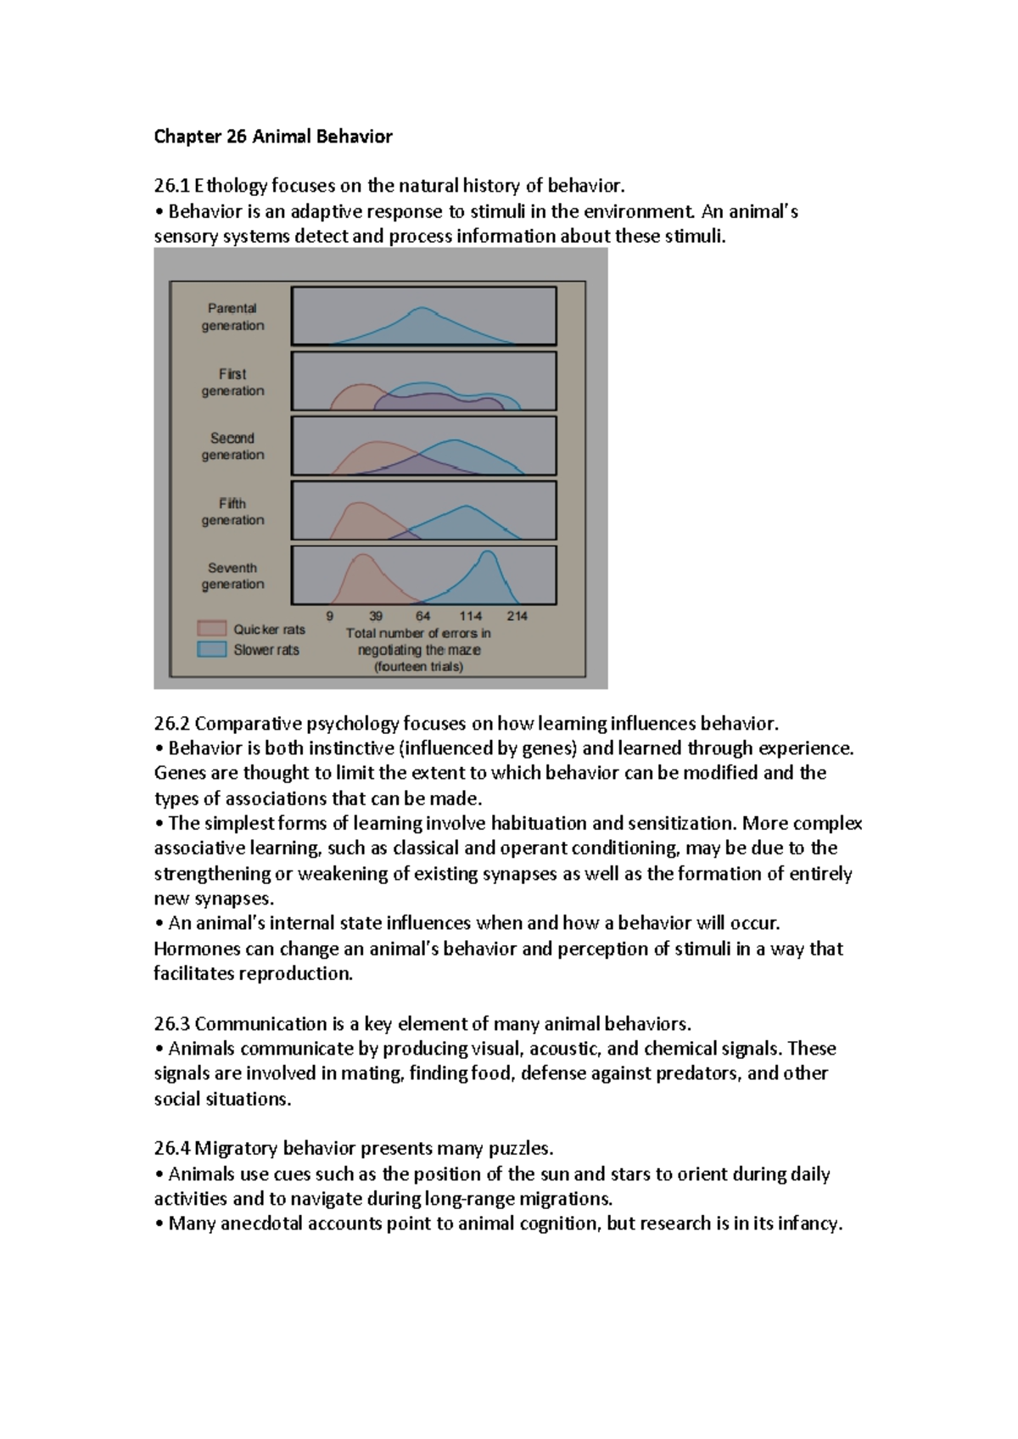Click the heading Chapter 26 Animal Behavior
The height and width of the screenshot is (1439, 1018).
point(272,137)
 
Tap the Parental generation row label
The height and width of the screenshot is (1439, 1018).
point(232,316)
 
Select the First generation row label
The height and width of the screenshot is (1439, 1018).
point(232,382)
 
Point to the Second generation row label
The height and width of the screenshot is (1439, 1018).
point(232,446)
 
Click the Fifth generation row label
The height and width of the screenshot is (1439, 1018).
point(232,512)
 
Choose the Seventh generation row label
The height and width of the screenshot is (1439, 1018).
point(232,576)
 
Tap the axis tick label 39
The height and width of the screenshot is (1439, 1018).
point(376,616)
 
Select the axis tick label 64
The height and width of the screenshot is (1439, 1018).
point(422,616)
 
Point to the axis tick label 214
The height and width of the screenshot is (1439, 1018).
point(517,616)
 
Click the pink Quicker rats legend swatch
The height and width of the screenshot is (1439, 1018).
point(211,629)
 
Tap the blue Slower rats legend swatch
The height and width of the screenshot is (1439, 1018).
point(211,649)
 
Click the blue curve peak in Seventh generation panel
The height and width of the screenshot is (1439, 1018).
point(488,553)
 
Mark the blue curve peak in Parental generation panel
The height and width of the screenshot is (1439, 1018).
point(422,309)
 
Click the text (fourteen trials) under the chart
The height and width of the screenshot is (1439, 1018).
point(418,667)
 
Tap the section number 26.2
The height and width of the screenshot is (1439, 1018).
point(172,724)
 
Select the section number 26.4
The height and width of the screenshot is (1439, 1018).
point(172,1149)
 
